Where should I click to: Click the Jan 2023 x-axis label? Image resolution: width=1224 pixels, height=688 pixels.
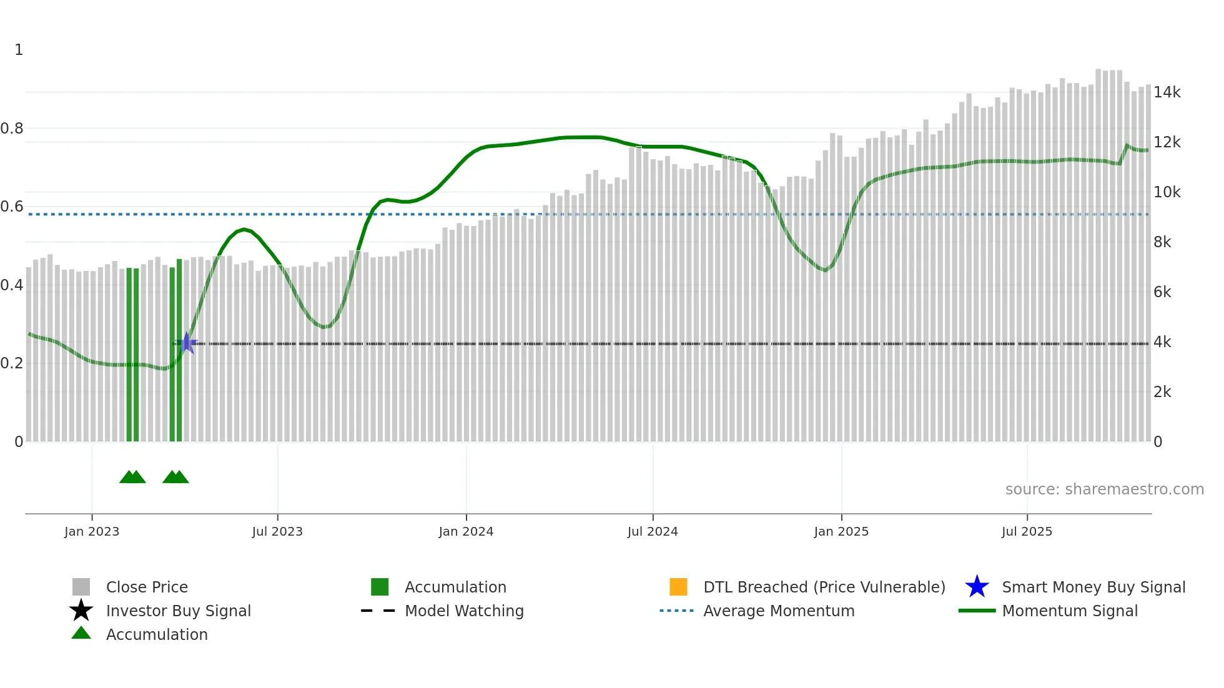[92, 531]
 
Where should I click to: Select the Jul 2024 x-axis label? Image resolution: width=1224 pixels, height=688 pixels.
[653, 531]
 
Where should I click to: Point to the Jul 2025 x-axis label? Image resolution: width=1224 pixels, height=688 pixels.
[1027, 531]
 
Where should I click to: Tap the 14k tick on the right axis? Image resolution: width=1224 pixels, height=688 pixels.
[1167, 92]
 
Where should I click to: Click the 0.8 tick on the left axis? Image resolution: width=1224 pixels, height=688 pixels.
[12, 129]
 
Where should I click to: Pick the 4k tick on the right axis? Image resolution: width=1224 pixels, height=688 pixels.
[1162, 342]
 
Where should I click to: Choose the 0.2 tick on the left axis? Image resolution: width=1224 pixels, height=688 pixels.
[12, 363]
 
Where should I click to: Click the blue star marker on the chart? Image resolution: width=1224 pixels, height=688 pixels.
[186, 343]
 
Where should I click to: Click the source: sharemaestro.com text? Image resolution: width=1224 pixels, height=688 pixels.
[1104, 489]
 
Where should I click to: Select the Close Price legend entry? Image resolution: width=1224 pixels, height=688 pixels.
[147, 587]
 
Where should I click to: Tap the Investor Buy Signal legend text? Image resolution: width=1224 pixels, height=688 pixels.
[179, 611]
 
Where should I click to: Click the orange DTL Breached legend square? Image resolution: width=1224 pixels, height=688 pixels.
[678, 587]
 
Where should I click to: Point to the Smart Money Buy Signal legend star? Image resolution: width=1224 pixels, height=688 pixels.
[977, 587]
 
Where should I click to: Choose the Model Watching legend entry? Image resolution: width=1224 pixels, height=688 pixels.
[464, 611]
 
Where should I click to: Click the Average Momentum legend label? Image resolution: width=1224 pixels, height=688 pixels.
[779, 611]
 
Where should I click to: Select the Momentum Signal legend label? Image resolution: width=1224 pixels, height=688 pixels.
[1070, 611]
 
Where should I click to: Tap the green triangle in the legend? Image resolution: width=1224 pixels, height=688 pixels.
[81, 633]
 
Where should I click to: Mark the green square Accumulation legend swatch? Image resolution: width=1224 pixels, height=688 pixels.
[380, 587]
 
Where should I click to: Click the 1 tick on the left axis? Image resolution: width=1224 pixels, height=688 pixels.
[19, 50]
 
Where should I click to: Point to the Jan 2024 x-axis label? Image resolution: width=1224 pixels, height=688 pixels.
[466, 531]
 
